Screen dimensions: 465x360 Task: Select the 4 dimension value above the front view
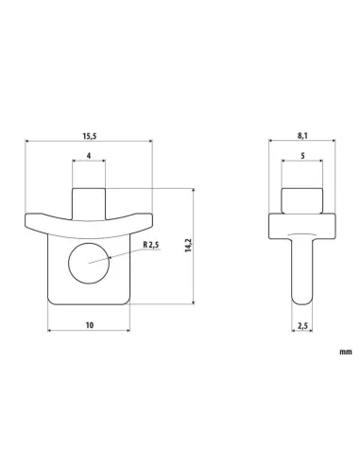(x=89, y=155)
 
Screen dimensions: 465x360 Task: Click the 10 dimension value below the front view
(x=89, y=324)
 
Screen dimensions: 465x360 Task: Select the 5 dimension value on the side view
(x=301, y=155)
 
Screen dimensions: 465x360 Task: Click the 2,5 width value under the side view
(x=301, y=325)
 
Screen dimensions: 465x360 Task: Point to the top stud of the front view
(x=89, y=200)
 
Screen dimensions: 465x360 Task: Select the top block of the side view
(x=301, y=200)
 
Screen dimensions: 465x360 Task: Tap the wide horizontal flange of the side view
(x=301, y=227)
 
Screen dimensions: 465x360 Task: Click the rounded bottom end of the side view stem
(x=301, y=300)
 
